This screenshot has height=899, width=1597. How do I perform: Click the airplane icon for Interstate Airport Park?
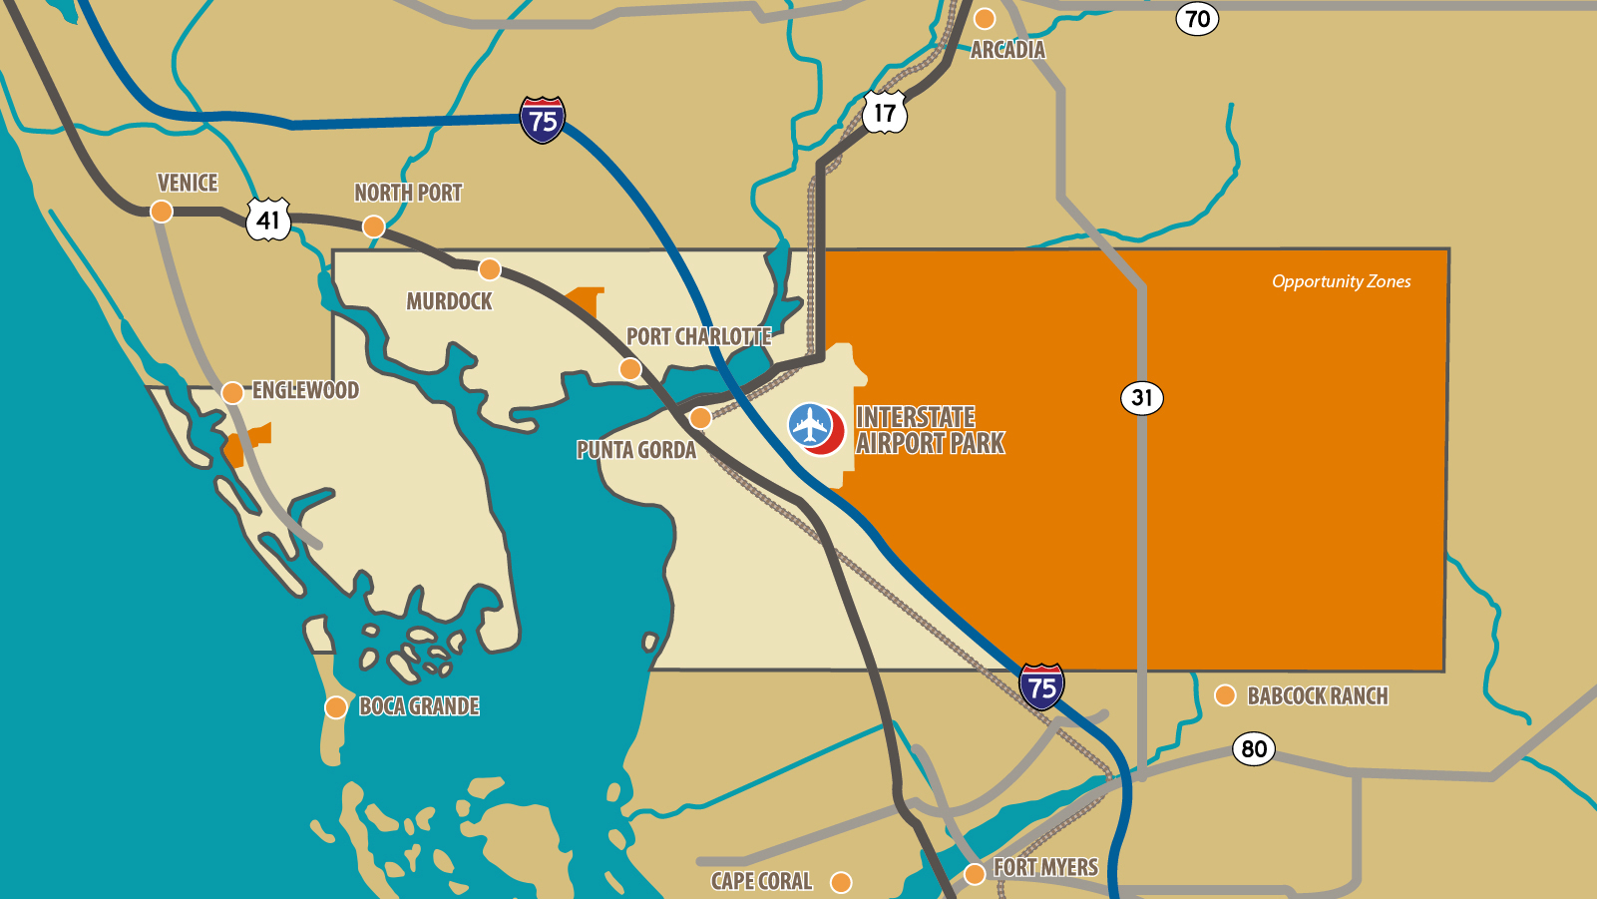(811, 426)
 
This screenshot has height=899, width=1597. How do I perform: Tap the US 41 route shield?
(268, 220)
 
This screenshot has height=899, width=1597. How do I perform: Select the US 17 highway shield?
(885, 113)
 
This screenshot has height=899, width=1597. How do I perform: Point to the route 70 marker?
(1197, 18)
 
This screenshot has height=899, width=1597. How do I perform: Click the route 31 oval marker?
(1142, 398)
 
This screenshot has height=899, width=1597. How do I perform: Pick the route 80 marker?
(1254, 748)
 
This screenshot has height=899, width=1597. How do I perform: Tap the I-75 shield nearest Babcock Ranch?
(1042, 686)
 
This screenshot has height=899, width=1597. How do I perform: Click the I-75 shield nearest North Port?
(543, 121)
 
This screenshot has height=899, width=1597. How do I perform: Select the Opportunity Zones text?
(1341, 281)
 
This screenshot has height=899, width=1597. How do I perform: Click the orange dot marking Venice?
(162, 212)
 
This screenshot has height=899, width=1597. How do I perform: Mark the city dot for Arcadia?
(985, 19)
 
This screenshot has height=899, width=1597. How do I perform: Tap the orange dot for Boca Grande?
(336, 707)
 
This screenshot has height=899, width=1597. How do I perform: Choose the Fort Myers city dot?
(975, 874)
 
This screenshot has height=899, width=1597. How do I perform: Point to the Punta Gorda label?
(636, 450)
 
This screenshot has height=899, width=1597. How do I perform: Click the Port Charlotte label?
(698, 337)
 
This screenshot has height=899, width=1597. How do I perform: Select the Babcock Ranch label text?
(1318, 696)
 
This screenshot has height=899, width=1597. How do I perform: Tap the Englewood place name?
(305, 390)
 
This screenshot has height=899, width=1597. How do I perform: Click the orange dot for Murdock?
(490, 269)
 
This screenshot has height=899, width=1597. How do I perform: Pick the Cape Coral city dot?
(841, 882)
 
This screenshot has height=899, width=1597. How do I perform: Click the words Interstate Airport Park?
(930, 430)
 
